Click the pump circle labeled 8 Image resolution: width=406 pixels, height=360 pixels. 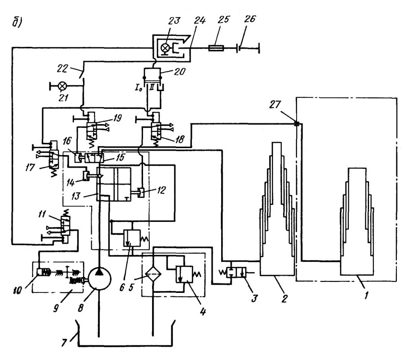pyautogui.click(x=100, y=279)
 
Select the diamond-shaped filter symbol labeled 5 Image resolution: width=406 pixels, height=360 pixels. pyautogui.click(x=153, y=274)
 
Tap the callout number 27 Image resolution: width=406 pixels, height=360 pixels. pyautogui.click(x=275, y=105)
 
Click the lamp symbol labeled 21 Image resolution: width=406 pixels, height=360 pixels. pyautogui.click(x=62, y=86)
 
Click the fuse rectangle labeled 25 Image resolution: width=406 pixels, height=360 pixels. pyautogui.click(x=216, y=48)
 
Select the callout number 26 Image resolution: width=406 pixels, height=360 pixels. pyautogui.click(x=250, y=19)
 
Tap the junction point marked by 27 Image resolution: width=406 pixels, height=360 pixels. pyautogui.click(x=297, y=124)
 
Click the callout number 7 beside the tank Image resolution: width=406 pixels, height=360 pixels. pyautogui.click(x=64, y=343)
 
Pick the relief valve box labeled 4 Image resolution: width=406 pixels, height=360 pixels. pyautogui.click(x=184, y=274)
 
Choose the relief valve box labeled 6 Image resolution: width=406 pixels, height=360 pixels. pyautogui.click(x=132, y=238)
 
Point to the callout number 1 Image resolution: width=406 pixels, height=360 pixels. pyautogui.click(x=366, y=295)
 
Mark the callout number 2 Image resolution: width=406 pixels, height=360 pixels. pyautogui.click(x=284, y=299)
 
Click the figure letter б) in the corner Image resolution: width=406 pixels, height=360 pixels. pyautogui.click(x=17, y=22)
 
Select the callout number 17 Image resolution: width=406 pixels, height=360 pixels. pyautogui.click(x=30, y=167)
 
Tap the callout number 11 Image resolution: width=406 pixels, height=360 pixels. pyautogui.click(x=42, y=214)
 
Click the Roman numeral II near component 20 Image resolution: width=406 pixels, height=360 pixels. pyautogui.click(x=152, y=87)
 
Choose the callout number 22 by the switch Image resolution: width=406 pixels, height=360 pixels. pyautogui.click(x=62, y=68)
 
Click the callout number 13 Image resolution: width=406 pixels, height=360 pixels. pyautogui.click(x=75, y=196)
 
